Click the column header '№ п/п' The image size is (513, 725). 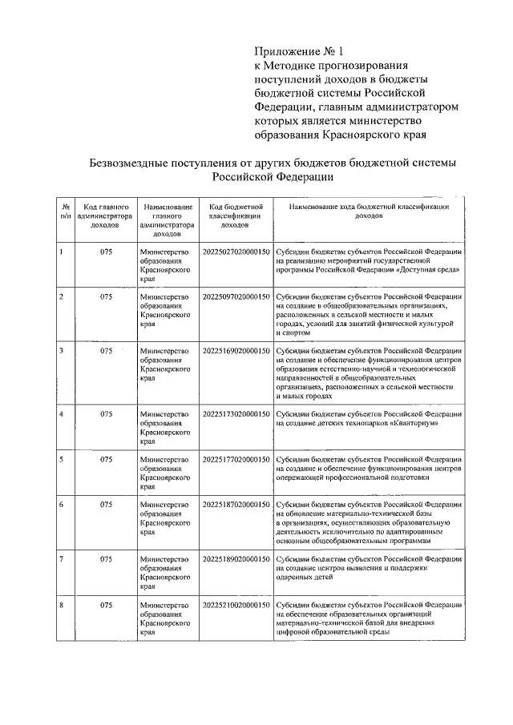[x=65, y=211]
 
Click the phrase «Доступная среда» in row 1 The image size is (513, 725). [x=430, y=271]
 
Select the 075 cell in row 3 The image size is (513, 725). [x=105, y=351]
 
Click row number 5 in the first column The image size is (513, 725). [x=63, y=459]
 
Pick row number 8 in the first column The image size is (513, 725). [x=63, y=605]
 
